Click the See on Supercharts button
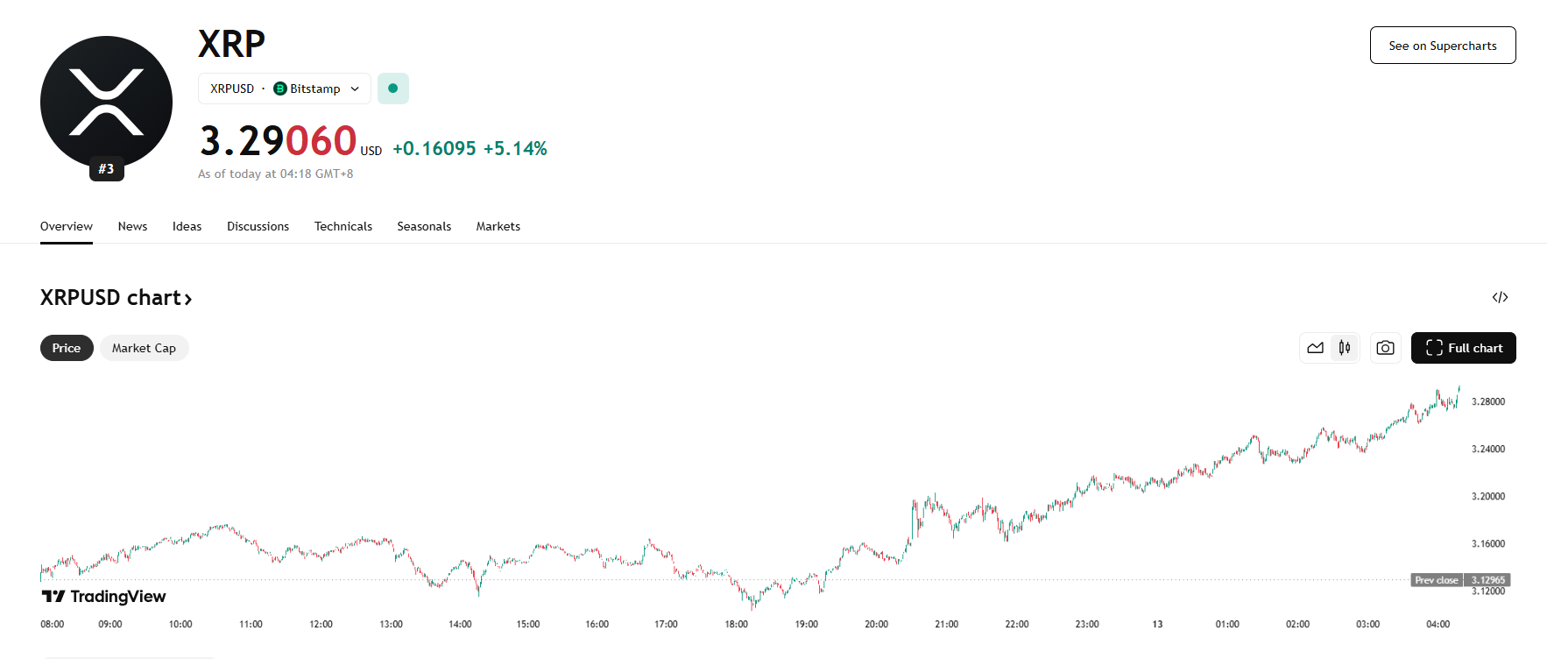1442,46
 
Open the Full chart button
1463,348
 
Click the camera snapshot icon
1385,348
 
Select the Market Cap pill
144,348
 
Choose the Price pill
67,348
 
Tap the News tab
132,226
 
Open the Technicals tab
343,226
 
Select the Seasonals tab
424,226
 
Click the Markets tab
498,226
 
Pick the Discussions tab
258,226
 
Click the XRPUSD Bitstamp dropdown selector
285,89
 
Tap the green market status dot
393,89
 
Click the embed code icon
1500,298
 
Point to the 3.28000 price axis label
1487,401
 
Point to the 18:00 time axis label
736,624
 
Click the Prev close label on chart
1436,580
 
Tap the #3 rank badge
106,169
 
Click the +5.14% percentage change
515,149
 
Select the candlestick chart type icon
1345,348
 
